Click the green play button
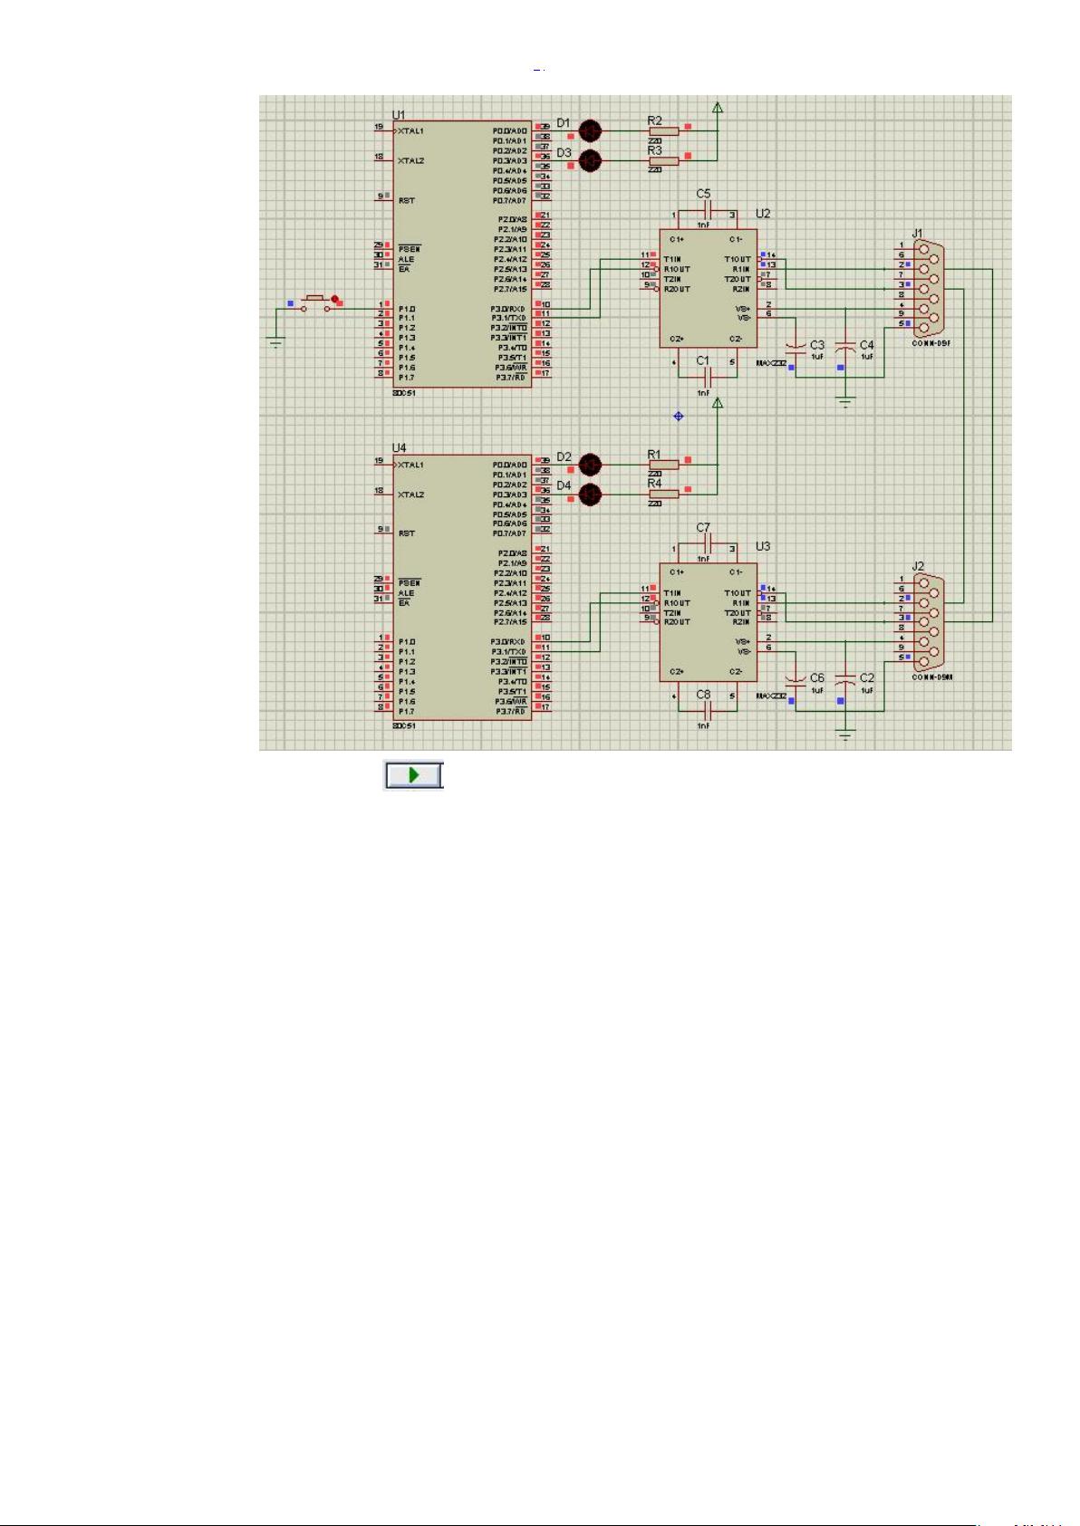(x=414, y=775)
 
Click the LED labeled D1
(x=590, y=131)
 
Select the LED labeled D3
(x=590, y=161)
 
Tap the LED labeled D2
(x=590, y=465)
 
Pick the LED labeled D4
(x=590, y=494)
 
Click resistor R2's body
(x=663, y=131)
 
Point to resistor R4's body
(x=663, y=494)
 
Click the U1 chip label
(x=399, y=115)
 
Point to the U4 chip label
(x=399, y=448)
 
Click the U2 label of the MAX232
(x=763, y=214)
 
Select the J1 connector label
(x=917, y=234)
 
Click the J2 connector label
(x=918, y=567)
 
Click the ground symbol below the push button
(x=276, y=341)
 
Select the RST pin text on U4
(x=407, y=533)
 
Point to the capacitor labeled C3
(x=796, y=347)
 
